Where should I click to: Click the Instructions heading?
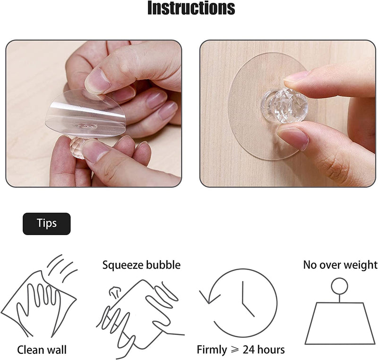[191, 9]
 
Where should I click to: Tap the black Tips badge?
[46, 224]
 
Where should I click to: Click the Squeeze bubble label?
[141, 265]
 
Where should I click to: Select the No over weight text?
[340, 265]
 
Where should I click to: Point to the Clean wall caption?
[42, 350]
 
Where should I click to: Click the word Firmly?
[212, 350]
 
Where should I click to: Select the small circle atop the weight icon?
[339, 286]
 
